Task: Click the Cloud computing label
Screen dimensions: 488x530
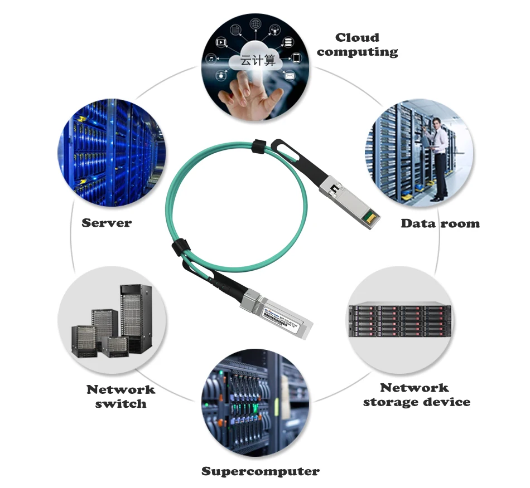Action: tap(358, 45)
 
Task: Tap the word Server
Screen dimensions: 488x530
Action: tap(107, 223)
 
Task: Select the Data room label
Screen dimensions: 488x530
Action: tap(440, 223)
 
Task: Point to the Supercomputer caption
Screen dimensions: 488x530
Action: tap(261, 471)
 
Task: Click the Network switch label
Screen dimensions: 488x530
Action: tap(121, 396)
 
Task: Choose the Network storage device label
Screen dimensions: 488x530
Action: tap(416, 394)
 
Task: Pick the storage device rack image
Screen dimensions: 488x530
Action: tap(399, 320)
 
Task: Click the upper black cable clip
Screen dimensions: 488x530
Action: tap(258, 147)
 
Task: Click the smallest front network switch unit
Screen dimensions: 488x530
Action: tap(118, 346)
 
